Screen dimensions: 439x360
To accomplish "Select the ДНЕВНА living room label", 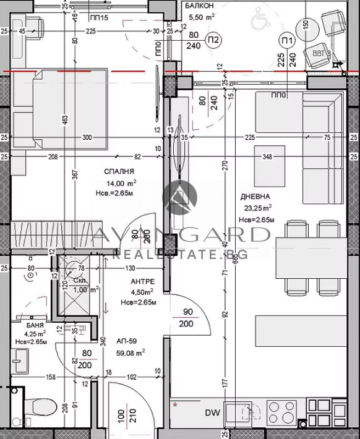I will [x=255, y=197].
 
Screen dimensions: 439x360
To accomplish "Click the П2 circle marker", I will [x=214, y=41].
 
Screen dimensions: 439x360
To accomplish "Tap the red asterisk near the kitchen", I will [x=176, y=405].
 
